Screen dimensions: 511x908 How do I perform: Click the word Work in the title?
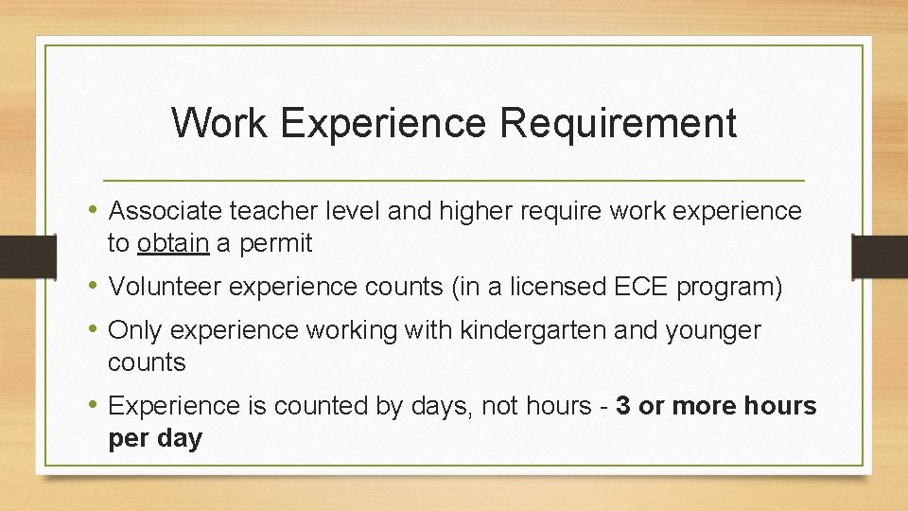pyautogui.click(x=219, y=123)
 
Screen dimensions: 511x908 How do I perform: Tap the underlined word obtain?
pyautogui.click(x=173, y=243)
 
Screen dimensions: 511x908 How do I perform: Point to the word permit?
pyautogui.click(x=274, y=243)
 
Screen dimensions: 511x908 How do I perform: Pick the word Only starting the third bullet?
pyautogui.click(x=135, y=330)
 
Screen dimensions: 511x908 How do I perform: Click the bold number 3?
pyautogui.click(x=623, y=406)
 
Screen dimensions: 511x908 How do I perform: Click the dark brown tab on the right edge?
pyautogui.click(x=880, y=256)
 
